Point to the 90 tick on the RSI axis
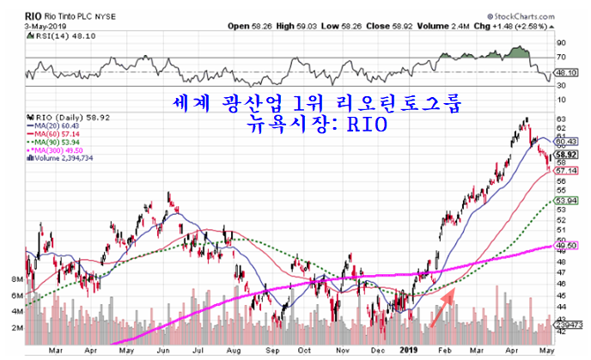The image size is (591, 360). (561, 41)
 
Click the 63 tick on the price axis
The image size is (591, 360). (561, 119)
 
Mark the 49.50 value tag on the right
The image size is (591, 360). (564, 246)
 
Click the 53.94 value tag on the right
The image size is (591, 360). (564, 200)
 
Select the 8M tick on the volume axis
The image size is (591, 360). (15, 280)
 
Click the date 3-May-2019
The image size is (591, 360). (26, 26)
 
